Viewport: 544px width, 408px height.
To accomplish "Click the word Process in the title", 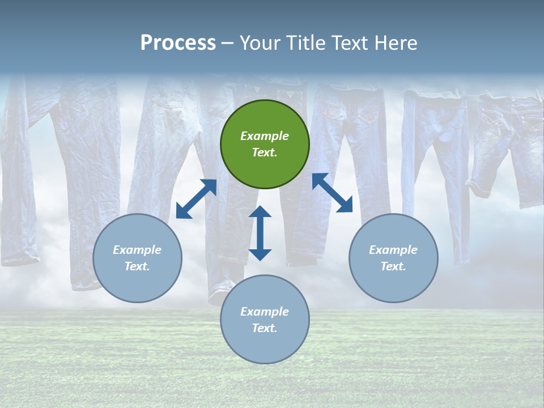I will (178, 43).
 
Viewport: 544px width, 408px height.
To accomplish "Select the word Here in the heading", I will (397, 43).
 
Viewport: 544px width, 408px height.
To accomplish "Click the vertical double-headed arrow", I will (260, 233).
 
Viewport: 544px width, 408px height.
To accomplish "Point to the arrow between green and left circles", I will (196, 199).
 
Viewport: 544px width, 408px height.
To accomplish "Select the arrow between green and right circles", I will (333, 193).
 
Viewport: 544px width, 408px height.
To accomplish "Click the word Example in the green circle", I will (265, 136).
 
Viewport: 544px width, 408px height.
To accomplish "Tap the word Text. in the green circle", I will (265, 152).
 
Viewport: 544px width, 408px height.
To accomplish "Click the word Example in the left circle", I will (137, 250).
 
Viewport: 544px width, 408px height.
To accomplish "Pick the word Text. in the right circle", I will (393, 266).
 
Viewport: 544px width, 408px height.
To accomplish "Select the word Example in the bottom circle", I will (265, 312).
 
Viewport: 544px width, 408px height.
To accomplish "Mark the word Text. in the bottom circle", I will (265, 328).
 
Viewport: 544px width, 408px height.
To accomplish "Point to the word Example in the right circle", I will (393, 250).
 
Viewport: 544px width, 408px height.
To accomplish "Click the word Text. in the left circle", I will (137, 266).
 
